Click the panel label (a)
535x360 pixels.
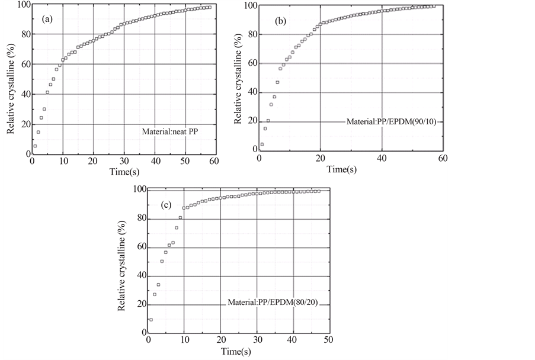[48, 19]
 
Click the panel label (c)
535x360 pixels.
[166, 205]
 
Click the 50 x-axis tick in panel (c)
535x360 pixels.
[328, 340]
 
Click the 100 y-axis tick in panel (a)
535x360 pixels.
[22, 5]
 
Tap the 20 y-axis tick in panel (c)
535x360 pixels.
[140, 305]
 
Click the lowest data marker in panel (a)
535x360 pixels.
[35, 146]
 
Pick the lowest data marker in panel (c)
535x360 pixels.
[151, 320]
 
